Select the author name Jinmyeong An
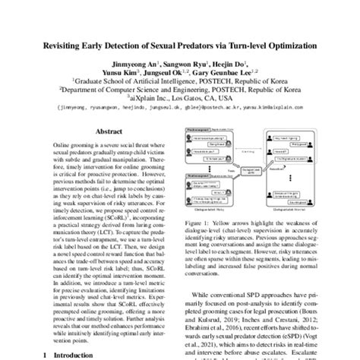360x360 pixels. (x=140, y=66)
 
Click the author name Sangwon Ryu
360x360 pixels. (x=187, y=66)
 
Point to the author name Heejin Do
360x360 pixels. (x=228, y=66)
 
